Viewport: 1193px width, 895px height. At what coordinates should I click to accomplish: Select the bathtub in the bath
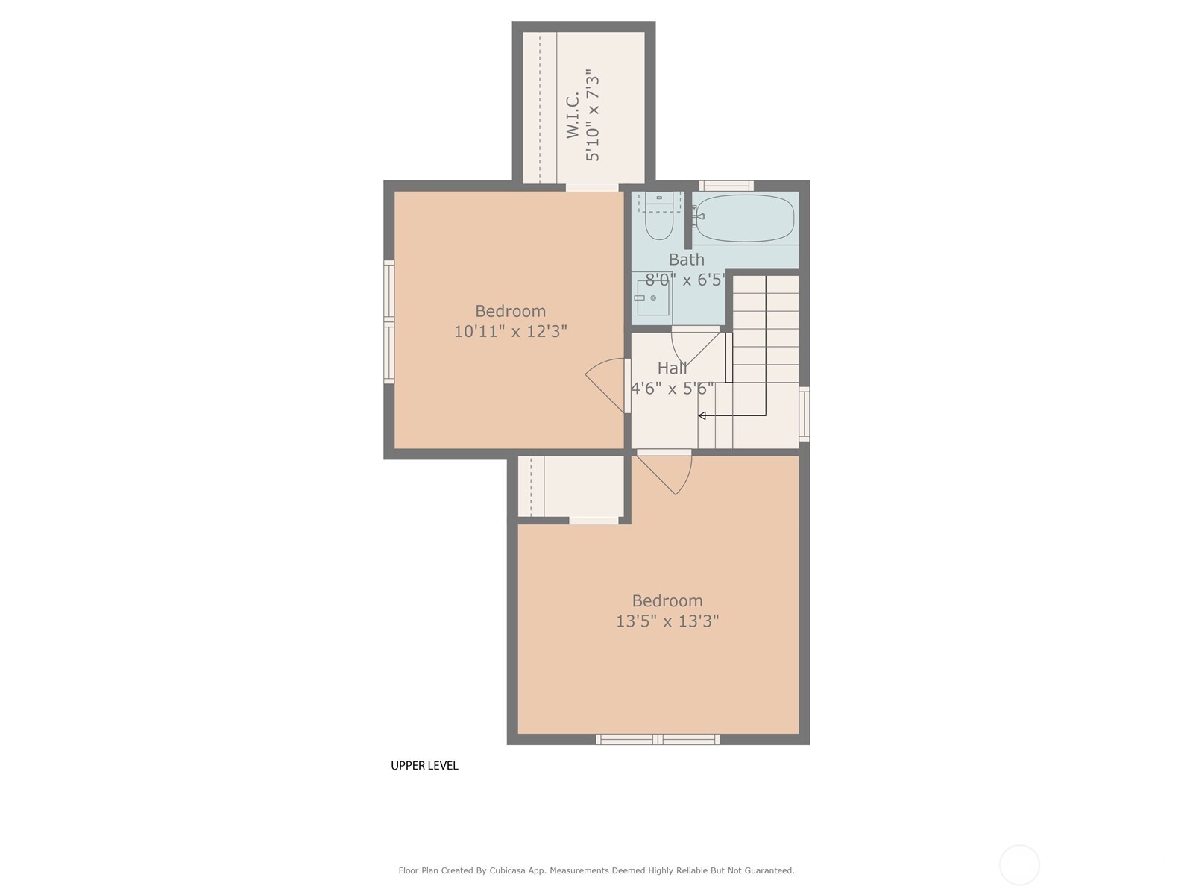[745, 218]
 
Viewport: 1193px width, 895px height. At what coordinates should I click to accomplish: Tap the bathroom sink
[652, 298]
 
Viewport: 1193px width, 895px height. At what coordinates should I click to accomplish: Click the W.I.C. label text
[573, 115]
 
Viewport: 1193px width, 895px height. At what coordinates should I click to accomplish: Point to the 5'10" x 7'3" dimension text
[592, 115]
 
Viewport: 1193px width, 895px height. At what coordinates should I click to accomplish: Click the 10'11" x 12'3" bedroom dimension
[510, 331]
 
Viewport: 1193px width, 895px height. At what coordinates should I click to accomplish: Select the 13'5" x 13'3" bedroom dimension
[667, 621]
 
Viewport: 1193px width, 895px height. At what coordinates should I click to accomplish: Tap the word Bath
[687, 260]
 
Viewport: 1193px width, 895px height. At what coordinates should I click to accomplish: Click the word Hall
[673, 368]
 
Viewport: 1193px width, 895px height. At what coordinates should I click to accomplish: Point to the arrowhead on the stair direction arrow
[702, 415]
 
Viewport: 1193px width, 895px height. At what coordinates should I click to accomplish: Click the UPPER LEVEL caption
[424, 766]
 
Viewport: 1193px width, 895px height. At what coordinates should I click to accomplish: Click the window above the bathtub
[726, 186]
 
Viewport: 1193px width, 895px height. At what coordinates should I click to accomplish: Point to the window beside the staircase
[804, 414]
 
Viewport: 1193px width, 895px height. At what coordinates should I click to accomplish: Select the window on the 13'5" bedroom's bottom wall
[658, 739]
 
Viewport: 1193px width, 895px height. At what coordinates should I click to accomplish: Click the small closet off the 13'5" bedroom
[570, 486]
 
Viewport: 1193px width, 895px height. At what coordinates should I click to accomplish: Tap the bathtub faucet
[698, 216]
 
